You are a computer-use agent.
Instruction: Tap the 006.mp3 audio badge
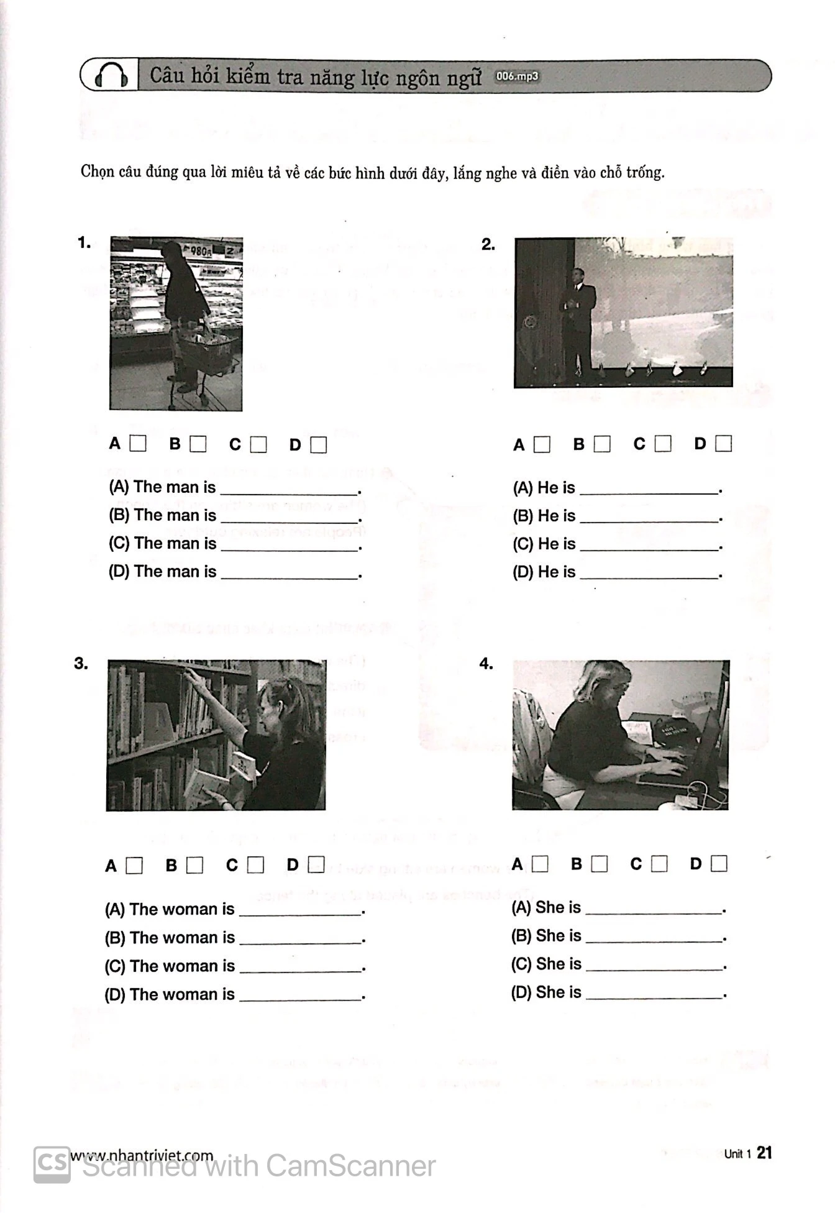click(x=517, y=76)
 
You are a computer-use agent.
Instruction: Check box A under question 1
click(x=138, y=444)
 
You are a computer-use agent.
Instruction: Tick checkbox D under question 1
click(x=318, y=445)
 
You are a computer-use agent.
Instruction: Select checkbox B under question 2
click(x=601, y=444)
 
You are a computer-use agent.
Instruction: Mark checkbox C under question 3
click(x=255, y=865)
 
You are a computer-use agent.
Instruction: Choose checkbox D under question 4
click(x=719, y=864)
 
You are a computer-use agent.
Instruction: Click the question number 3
click(x=81, y=664)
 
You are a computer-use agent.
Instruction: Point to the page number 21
click(x=765, y=1153)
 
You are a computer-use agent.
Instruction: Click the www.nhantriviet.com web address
click(x=142, y=1155)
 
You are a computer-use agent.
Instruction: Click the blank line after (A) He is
click(x=649, y=490)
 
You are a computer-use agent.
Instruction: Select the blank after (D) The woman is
click(x=301, y=996)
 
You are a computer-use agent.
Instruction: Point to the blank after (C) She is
click(x=654, y=965)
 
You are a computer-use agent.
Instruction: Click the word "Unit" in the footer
click(x=734, y=1154)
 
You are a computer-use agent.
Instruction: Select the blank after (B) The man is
click(x=290, y=517)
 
